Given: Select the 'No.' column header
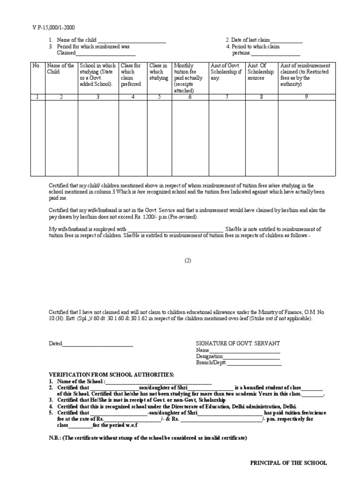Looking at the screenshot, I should tap(37, 66).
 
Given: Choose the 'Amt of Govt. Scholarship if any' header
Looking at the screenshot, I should tap(226, 72).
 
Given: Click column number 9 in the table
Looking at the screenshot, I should tap(306, 97).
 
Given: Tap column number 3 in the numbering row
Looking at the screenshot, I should tap(98, 97).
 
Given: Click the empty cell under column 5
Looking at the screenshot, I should tap(159, 138).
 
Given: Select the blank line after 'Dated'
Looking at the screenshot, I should tap(97, 344).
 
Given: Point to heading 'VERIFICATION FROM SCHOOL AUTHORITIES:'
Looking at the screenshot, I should tap(112, 375).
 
